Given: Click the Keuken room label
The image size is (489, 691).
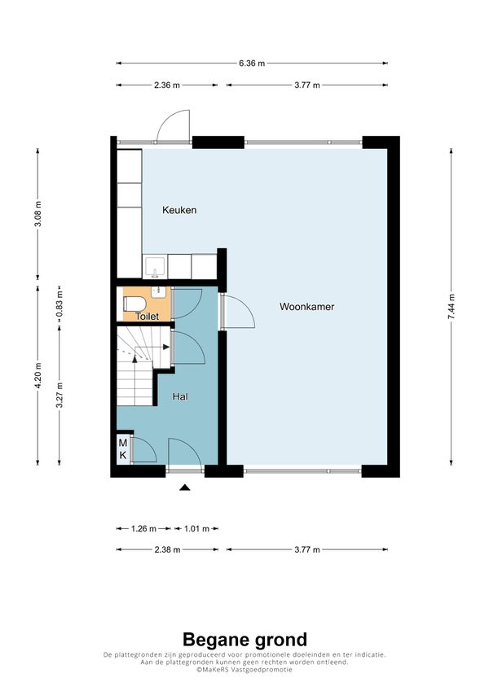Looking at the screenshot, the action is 179,210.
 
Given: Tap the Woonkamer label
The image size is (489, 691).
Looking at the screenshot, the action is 306,307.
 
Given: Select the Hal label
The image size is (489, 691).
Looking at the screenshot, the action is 180,396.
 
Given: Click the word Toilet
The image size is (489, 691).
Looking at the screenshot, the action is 147,317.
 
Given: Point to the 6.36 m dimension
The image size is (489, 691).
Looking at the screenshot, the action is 252,63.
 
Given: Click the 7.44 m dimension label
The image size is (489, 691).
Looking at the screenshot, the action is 451,306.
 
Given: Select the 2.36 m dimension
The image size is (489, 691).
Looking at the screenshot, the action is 167,85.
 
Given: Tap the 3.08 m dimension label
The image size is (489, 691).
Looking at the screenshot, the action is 38,214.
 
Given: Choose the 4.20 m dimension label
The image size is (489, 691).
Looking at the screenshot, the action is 38,375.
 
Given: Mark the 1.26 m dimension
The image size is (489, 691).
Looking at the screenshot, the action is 144,528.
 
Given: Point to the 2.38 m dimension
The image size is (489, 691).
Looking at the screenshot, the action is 167,549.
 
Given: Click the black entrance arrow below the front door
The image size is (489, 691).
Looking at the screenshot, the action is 185,487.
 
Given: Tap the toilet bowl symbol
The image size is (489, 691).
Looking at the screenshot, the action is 134,304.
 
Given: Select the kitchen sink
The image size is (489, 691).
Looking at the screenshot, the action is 155,267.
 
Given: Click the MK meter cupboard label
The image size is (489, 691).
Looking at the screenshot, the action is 123,448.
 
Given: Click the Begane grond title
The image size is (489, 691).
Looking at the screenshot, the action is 244,640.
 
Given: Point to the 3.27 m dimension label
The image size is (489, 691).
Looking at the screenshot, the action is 59,396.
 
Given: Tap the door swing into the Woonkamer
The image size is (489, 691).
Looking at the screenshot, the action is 238,312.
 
